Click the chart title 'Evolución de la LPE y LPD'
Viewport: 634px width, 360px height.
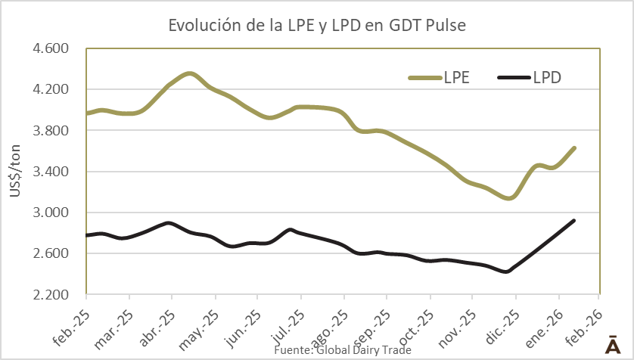317,25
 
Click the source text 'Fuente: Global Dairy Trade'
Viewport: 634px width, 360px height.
342,350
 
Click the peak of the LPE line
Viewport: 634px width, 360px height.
190,73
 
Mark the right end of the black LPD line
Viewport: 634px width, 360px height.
574,220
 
